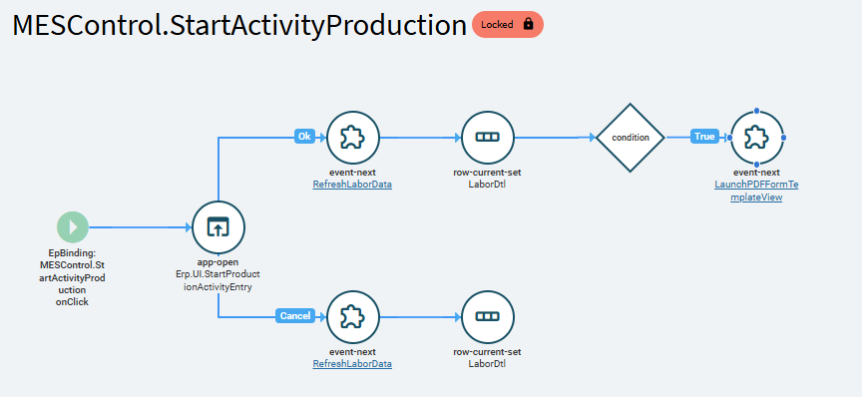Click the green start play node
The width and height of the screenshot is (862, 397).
point(73,227)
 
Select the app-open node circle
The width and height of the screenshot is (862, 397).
point(218,227)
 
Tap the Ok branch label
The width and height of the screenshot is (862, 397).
point(304,137)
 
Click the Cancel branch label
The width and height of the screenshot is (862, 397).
point(295,315)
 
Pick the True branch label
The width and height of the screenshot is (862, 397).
point(704,137)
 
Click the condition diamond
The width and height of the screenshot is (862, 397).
point(631,138)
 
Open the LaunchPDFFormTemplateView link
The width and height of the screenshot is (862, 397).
point(756,192)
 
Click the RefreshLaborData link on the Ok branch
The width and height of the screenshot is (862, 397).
point(352,185)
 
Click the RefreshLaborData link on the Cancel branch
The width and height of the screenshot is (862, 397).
point(352,364)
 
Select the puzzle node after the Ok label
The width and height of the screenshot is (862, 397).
point(353,138)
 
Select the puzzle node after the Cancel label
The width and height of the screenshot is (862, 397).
point(353,317)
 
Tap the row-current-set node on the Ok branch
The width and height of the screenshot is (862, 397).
point(488,138)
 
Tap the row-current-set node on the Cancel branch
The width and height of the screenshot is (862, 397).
point(488,317)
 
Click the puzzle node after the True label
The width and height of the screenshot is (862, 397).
point(757,138)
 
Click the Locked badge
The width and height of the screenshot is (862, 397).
point(508,25)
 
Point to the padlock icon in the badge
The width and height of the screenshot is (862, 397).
point(529,24)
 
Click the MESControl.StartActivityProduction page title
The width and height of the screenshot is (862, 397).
point(239,25)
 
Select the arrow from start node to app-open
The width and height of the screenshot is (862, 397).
point(141,227)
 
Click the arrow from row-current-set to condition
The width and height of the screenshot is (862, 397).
point(556,137)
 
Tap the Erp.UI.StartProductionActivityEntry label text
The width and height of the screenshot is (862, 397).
point(218,280)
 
